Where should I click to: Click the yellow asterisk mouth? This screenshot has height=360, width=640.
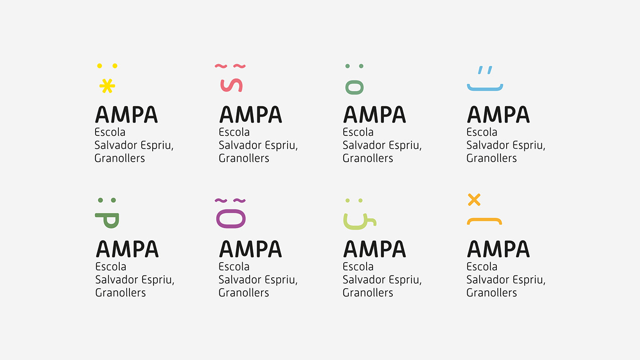(107, 86)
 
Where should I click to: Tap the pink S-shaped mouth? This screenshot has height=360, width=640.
(231, 86)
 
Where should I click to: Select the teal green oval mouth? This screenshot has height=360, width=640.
(354, 87)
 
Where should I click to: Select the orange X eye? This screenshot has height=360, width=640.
(474, 199)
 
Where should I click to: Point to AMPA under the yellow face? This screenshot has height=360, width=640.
(126, 114)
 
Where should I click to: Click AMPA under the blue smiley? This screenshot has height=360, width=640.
(498, 114)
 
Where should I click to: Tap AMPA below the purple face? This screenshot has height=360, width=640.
(251, 249)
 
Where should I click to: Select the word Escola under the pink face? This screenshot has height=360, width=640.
(234, 132)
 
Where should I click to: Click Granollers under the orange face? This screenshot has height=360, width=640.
(491, 292)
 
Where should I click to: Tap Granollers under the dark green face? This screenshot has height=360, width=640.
(120, 292)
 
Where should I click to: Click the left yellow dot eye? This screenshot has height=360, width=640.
(100, 66)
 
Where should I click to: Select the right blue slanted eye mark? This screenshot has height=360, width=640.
(490, 70)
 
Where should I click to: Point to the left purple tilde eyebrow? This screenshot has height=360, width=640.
(221, 200)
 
